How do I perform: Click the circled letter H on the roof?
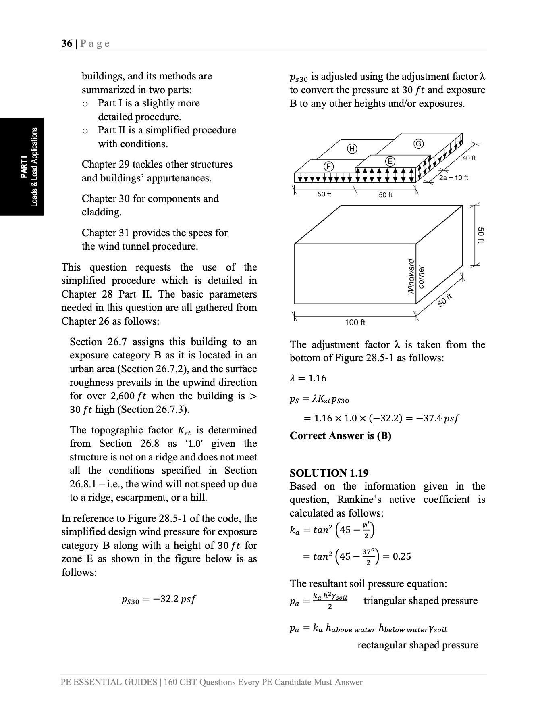click(352, 149)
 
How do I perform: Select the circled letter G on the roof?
click(419, 144)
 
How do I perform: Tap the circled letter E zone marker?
click(390, 161)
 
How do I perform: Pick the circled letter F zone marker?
click(329, 166)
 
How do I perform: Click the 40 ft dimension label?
click(469, 158)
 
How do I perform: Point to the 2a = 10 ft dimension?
click(453, 177)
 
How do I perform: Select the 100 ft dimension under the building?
click(355, 322)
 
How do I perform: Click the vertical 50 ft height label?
click(480, 235)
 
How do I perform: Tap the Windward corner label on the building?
click(415, 277)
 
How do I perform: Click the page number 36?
click(66, 44)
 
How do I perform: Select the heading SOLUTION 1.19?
click(329, 473)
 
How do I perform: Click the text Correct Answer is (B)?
click(340, 435)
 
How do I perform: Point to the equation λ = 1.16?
click(308, 378)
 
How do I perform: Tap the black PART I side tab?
click(22, 167)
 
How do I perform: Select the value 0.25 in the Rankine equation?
click(402, 556)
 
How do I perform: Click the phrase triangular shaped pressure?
click(420, 600)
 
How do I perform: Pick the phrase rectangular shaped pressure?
click(417, 645)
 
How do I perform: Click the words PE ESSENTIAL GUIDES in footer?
click(109, 682)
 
